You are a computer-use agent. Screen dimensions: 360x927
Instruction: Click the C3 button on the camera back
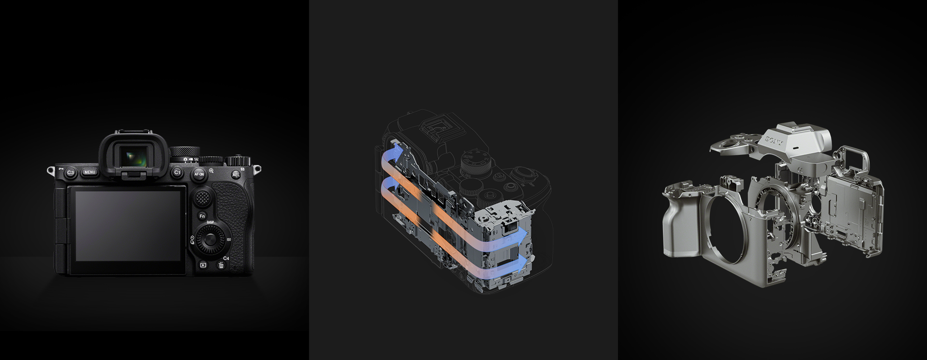click(70, 172)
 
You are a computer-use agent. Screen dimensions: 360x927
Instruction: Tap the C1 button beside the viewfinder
click(177, 172)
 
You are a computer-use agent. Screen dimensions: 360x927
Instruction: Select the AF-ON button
click(199, 174)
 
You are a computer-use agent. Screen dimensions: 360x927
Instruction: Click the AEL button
click(236, 175)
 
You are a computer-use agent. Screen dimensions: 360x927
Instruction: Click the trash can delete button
click(221, 265)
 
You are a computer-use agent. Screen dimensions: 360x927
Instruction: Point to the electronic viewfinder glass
click(133, 157)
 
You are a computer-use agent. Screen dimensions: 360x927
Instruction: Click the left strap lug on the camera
click(50, 170)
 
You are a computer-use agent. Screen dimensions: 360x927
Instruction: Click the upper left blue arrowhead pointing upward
click(396, 152)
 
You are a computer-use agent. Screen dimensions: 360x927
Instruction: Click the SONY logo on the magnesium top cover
click(774, 141)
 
